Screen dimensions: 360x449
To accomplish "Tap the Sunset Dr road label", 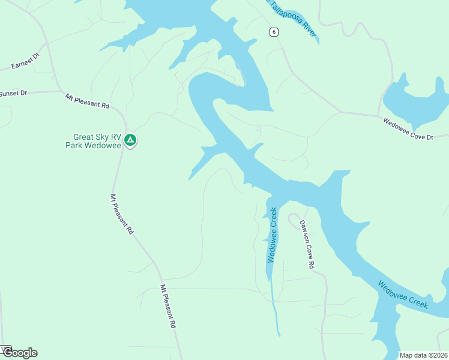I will pyautogui.click(x=13, y=94).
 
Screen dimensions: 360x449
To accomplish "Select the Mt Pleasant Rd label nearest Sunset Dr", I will pyautogui.click(x=88, y=100).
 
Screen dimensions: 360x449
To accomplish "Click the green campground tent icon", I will pyautogui.click(x=130, y=141).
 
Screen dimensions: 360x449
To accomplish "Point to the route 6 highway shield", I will pyautogui.click(x=273, y=32).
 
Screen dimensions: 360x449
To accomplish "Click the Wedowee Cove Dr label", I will pyautogui.click(x=408, y=129).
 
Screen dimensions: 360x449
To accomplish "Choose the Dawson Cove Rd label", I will pyautogui.click(x=307, y=244).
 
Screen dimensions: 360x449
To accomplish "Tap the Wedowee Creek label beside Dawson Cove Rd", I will pyautogui.click(x=273, y=235).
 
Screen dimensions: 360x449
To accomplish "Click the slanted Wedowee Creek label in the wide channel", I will pyautogui.click(x=402, y=295).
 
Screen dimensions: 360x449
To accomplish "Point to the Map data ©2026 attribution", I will pyautogui.click(x=424, y=355).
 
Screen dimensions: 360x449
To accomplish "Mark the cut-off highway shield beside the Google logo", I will pyautogui.click(x=5, y=348).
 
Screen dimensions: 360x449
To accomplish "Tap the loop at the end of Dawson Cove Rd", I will pyautogui.click(x=294, y=219).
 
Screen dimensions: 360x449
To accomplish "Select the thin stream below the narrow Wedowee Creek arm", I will pyautogui.click(x=275, y=312).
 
